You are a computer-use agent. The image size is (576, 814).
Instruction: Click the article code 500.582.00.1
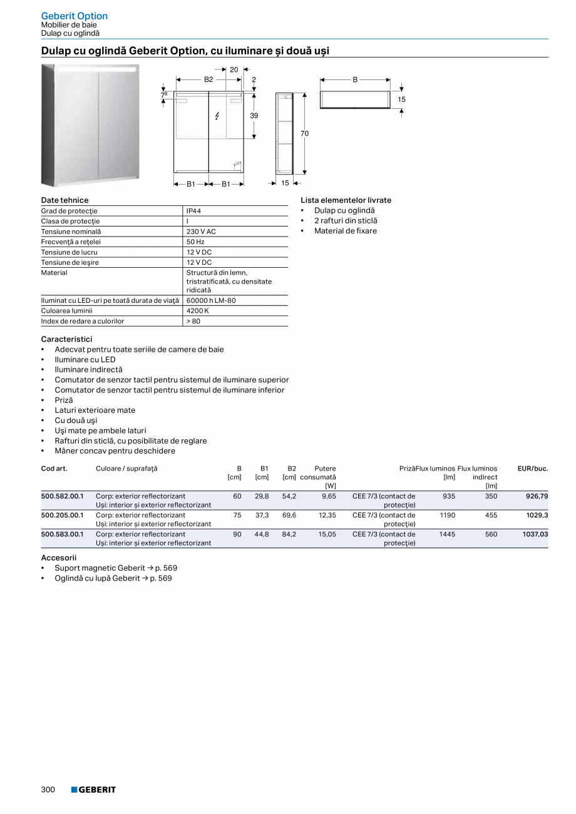click(62, 496)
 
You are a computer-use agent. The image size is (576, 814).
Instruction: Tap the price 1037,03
click(535, 534)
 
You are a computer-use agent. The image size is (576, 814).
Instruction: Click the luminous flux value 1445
click(447, 534)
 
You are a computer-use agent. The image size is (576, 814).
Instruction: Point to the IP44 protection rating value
click(193, 211)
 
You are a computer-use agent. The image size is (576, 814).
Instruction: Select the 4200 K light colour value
click(197, 310)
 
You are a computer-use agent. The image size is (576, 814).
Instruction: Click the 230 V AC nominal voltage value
click(201, 231)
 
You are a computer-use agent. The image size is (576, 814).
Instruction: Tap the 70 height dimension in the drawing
click(304, 133)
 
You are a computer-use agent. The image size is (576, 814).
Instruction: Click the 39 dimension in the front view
click(254, 116)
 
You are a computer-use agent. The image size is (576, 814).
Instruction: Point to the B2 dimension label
click(208, 79)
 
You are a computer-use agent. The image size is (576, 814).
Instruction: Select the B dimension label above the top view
click(355, 79)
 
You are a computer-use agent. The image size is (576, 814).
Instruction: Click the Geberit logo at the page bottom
click(93, 790)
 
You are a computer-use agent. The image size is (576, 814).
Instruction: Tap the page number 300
click(48, 790)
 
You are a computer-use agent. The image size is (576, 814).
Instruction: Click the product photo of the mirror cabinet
click(90, 125)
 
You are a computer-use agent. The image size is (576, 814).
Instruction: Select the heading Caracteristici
click(66, 339)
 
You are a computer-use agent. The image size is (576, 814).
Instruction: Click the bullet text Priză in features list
click(64, 400)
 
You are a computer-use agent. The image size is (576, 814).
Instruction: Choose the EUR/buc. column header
click(533, 468)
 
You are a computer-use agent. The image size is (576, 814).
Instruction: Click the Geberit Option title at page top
click(74, 16)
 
